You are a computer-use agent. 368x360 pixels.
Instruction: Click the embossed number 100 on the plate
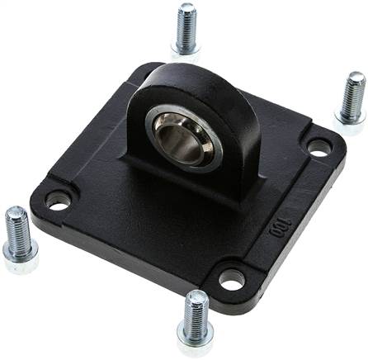(x=280, y=228)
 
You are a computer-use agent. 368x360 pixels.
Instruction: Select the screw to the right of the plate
(x=351, y=101)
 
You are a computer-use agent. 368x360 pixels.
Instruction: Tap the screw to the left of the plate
(x=19, y=239)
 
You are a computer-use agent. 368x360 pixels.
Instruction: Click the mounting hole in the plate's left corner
(x=58, y=201)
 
